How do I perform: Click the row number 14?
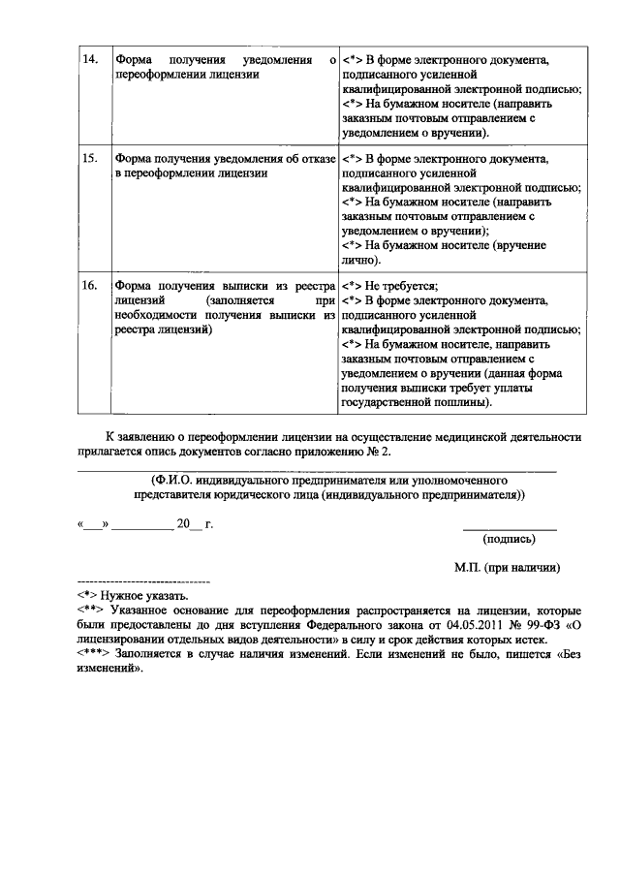coord(89,61)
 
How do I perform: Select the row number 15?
coord(89,157)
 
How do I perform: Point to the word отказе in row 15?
coord(317,157)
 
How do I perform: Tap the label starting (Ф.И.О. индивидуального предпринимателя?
coord(329,479)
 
